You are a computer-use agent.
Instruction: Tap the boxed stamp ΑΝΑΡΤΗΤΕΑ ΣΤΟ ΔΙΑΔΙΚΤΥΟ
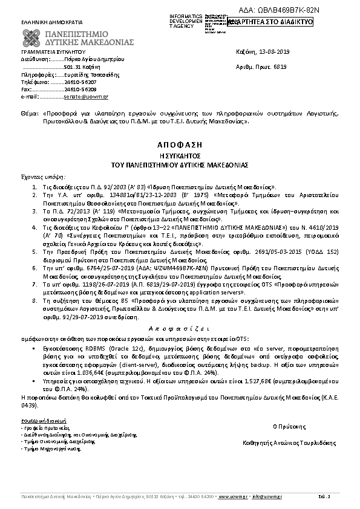pyautogui.click(x=270, y=22)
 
